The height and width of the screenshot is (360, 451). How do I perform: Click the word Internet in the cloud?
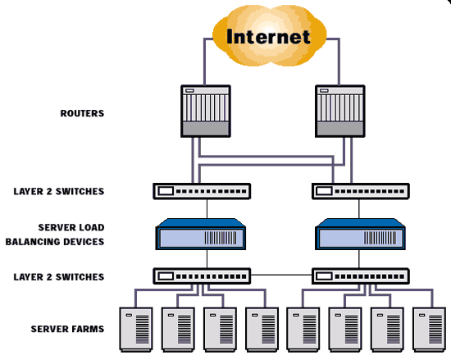tap(268, 37)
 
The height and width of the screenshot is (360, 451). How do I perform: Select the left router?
tap(206, 111)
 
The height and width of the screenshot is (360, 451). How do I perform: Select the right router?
tap(340, 111)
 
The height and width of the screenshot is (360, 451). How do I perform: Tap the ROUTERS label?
tap(82, 113)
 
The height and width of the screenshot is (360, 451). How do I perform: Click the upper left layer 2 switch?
tap(202, 191)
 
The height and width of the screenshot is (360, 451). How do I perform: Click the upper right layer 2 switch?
tap(361, 191)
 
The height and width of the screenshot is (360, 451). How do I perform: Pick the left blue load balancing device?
tap(201, 234)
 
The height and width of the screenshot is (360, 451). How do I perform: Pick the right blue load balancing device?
tap(360, 234)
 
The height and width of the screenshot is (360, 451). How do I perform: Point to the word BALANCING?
tap(33, 242)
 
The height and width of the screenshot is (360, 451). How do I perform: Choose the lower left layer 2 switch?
tap(202, 276)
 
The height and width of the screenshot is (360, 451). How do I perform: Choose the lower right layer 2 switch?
tap(361, 276)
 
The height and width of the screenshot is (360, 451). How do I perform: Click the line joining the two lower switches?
tap(281, 276)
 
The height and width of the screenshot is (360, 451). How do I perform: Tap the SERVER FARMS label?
tap(67, 329)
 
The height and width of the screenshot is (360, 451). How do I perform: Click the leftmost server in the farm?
tap(136, 330)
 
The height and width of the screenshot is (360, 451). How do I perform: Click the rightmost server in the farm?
tap(429, 330)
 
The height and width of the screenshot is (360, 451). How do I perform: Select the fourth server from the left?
tap(262, 330)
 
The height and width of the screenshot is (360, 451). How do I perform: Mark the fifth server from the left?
tap(303, 330)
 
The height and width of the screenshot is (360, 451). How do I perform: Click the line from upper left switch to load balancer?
tap(207, 209)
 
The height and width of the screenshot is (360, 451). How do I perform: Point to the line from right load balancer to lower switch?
tap(358, 259)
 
